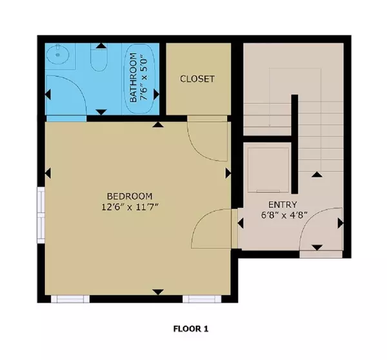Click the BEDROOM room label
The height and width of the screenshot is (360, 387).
[x=130, y=196]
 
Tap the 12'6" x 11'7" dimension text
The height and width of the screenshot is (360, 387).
[x=130, y=207]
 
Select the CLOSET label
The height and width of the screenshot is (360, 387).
[x=197, y=79]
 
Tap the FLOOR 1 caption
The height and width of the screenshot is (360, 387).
[x=191, y=328]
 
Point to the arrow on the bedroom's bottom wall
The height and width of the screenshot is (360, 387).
[x=157, y=292]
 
